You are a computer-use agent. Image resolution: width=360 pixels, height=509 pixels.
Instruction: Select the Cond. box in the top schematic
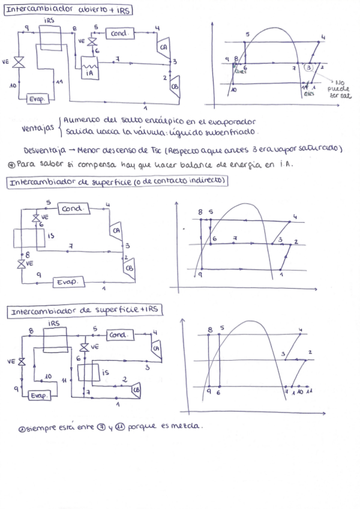(x=119, y=34)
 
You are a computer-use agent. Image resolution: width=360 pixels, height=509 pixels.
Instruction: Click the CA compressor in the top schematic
(x=163, y=46)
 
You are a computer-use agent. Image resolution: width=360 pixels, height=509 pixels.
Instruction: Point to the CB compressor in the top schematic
(x=175, y=85)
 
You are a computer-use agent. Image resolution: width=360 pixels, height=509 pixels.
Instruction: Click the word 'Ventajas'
(x=37, y=128)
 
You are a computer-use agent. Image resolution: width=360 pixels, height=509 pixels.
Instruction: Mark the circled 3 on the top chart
(x=309, y=68)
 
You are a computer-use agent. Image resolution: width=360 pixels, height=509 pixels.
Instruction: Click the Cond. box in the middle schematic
(x=74, y=209)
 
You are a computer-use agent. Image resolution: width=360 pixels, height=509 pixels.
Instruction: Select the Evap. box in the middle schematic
(x=66, y=282)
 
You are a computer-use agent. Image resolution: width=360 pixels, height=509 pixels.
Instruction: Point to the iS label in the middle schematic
(x=50, y=236)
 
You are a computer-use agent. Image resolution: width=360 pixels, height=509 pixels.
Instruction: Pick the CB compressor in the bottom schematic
(x=136, y=390)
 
